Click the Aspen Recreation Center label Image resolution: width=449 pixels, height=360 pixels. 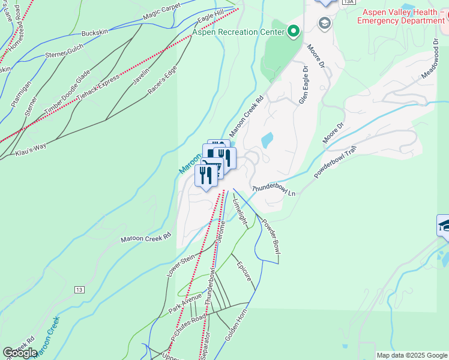pos(238,32)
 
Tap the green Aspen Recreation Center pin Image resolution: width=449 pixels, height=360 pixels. pos(294,31)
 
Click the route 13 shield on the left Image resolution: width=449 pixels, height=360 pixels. pos(80,290)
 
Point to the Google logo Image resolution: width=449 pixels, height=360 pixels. pos(20,353)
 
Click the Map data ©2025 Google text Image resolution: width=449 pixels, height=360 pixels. pos(411,355)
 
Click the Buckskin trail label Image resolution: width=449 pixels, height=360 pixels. pos(94,32)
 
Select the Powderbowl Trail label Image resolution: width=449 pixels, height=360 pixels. pos(339,161)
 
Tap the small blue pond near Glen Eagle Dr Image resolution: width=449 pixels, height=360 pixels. pos(267,140)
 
